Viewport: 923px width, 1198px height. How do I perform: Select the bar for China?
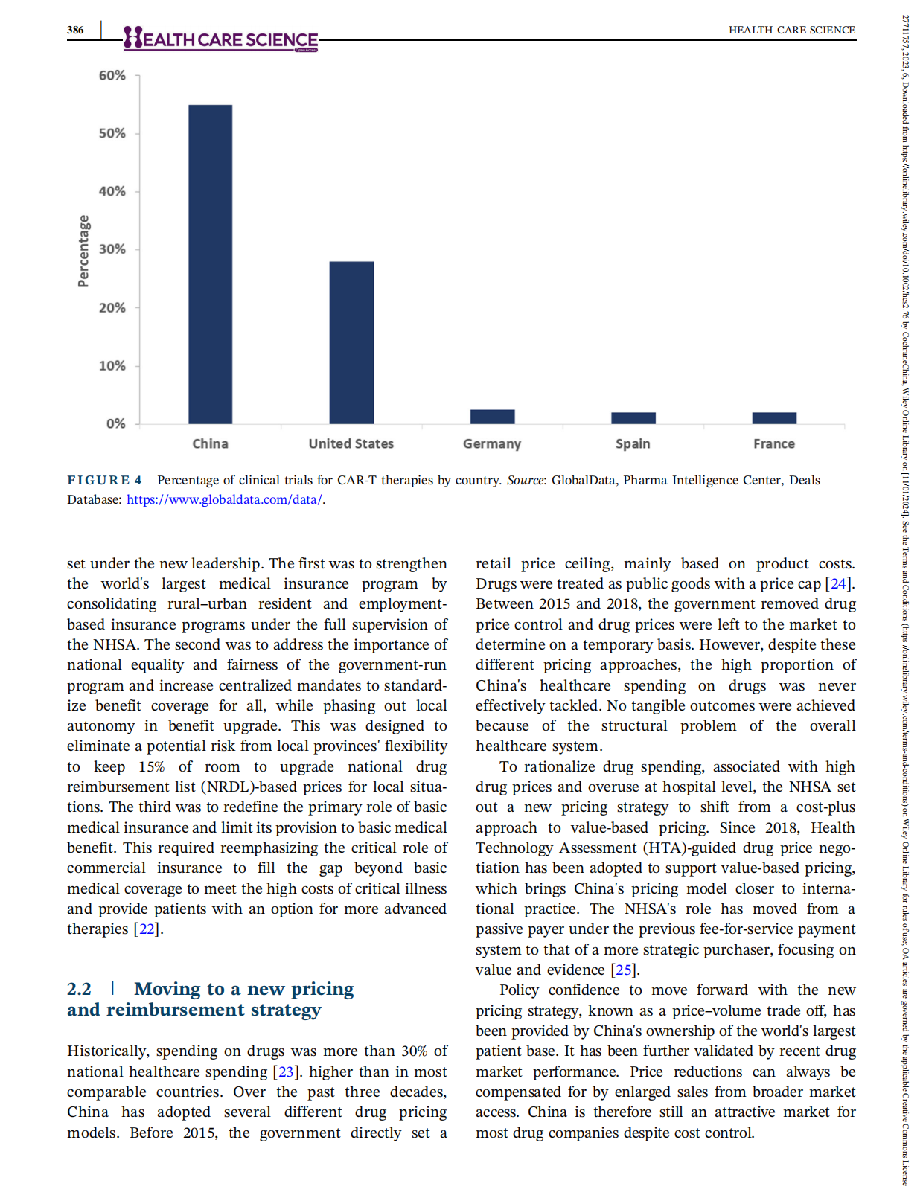[210, 264]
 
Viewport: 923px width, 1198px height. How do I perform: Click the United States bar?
[351, 342]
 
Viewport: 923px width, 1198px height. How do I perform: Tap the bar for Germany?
[492, 417]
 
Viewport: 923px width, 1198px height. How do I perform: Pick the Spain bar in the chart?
[633, 418]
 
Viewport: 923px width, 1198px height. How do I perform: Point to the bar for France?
[774, 418]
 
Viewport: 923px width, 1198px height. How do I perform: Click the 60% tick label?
[112, 76]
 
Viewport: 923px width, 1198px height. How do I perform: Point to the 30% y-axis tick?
[112, 249]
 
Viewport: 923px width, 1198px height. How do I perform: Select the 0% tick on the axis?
[116, 424]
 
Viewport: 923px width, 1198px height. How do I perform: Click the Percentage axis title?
[83, 251]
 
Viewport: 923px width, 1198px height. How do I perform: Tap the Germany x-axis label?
[492, 444]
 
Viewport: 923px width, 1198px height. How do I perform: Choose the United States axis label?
[351, 444]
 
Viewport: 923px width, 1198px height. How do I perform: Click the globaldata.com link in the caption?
[224, 500]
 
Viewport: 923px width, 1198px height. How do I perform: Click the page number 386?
[75, 31]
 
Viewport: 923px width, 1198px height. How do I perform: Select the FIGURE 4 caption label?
[105, 481]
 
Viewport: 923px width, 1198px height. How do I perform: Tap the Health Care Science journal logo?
[221, 39]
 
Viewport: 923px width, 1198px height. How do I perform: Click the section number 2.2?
[79, 990]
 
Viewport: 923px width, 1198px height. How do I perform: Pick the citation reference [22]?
[147, 929]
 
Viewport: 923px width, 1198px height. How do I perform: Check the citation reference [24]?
[838, 584]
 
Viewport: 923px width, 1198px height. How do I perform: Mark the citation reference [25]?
[624, 970]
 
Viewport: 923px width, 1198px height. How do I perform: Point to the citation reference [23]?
[286, 1072]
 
